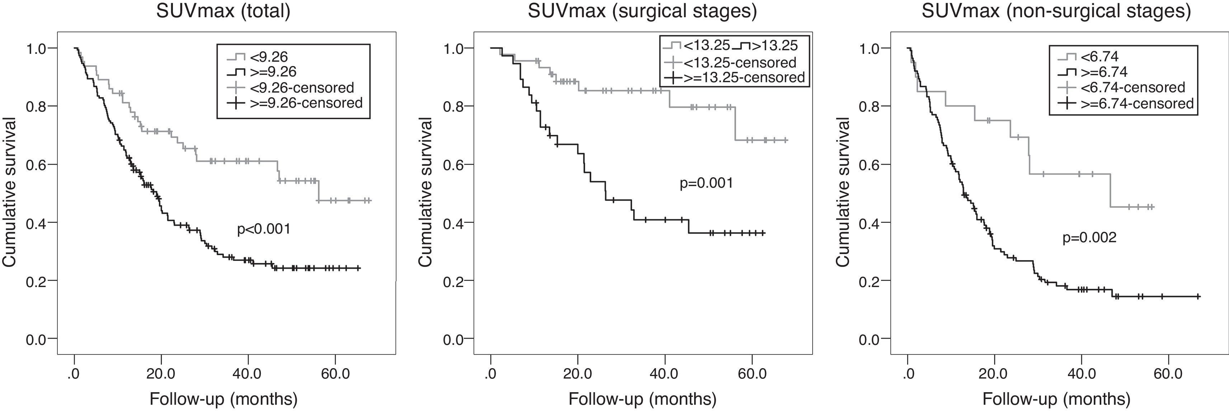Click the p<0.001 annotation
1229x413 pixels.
[263, 229]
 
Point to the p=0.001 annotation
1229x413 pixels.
[706, 183]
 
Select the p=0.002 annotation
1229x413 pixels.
[1089, 237]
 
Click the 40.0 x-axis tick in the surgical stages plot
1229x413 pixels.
[664, 373]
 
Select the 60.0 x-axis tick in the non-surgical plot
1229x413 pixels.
[1168, 373]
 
